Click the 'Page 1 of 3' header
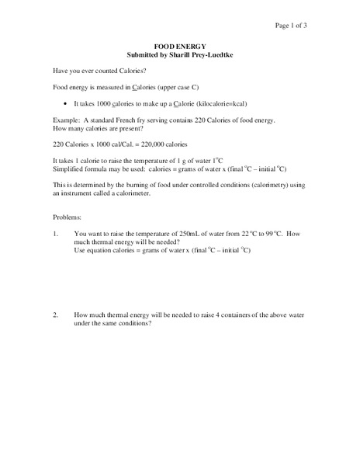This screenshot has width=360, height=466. (x=291, y=26)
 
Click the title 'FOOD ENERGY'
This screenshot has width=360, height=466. (x=179, y=47)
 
